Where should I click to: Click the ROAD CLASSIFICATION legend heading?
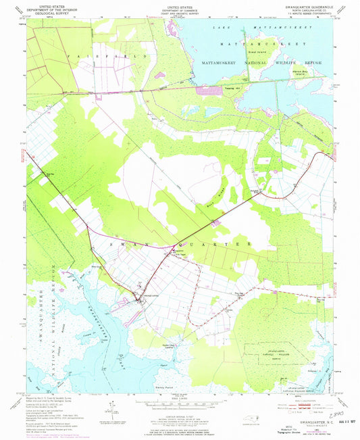pyautogui.click(x=299, y=397)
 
